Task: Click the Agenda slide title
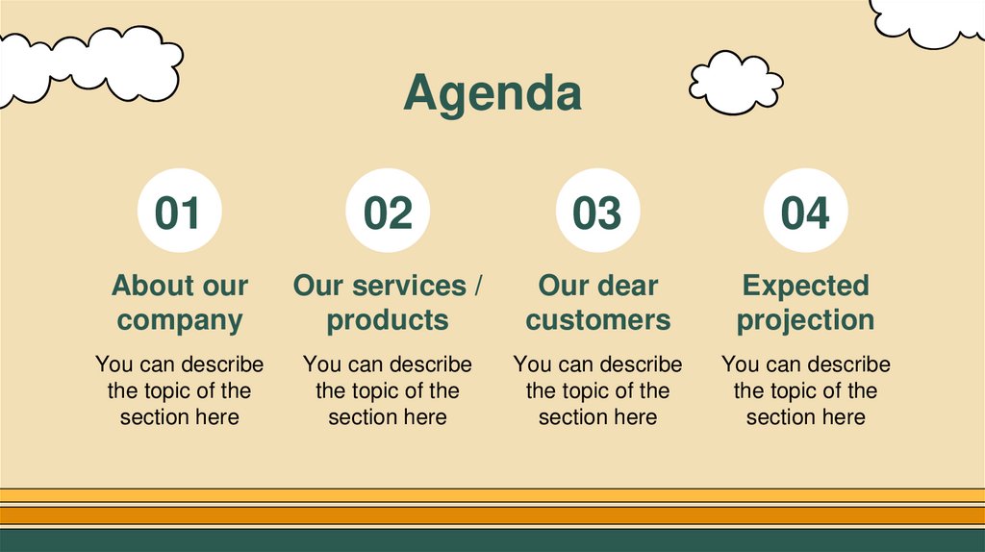492,94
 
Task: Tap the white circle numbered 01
180,212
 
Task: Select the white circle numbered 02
388,212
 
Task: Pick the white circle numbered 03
597,212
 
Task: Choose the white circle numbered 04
805,212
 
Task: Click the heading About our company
180,302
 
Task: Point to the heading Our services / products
388,302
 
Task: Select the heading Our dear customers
597,302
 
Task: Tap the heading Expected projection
805,302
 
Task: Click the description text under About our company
180,390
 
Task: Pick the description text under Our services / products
388,390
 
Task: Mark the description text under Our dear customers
597,390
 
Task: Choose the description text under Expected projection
805,390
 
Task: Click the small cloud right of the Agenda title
735,82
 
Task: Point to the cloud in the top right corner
928,19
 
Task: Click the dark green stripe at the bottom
492,540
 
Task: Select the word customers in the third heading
597,319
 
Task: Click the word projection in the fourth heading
805,319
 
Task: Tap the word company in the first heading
180,319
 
